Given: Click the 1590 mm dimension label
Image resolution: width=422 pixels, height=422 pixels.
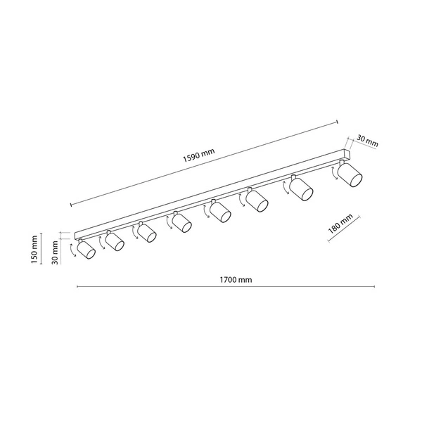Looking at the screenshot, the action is [x=199, y=155].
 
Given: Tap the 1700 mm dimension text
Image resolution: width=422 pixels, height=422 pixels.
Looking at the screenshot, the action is [x=236, y=280].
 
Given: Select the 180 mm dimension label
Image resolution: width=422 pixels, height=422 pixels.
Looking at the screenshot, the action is [x=340, y=224].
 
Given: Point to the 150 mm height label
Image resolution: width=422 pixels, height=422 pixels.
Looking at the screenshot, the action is [x=34, y=250].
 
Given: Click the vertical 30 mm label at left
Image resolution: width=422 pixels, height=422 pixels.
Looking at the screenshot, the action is [x=55, y=252].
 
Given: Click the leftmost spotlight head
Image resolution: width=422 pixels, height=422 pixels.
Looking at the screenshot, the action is [x=86, y=250].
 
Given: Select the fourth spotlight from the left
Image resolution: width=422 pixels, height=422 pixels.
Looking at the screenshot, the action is [x=181, y=222].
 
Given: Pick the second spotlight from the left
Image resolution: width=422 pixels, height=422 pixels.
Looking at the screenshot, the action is [x=115, y=241].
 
